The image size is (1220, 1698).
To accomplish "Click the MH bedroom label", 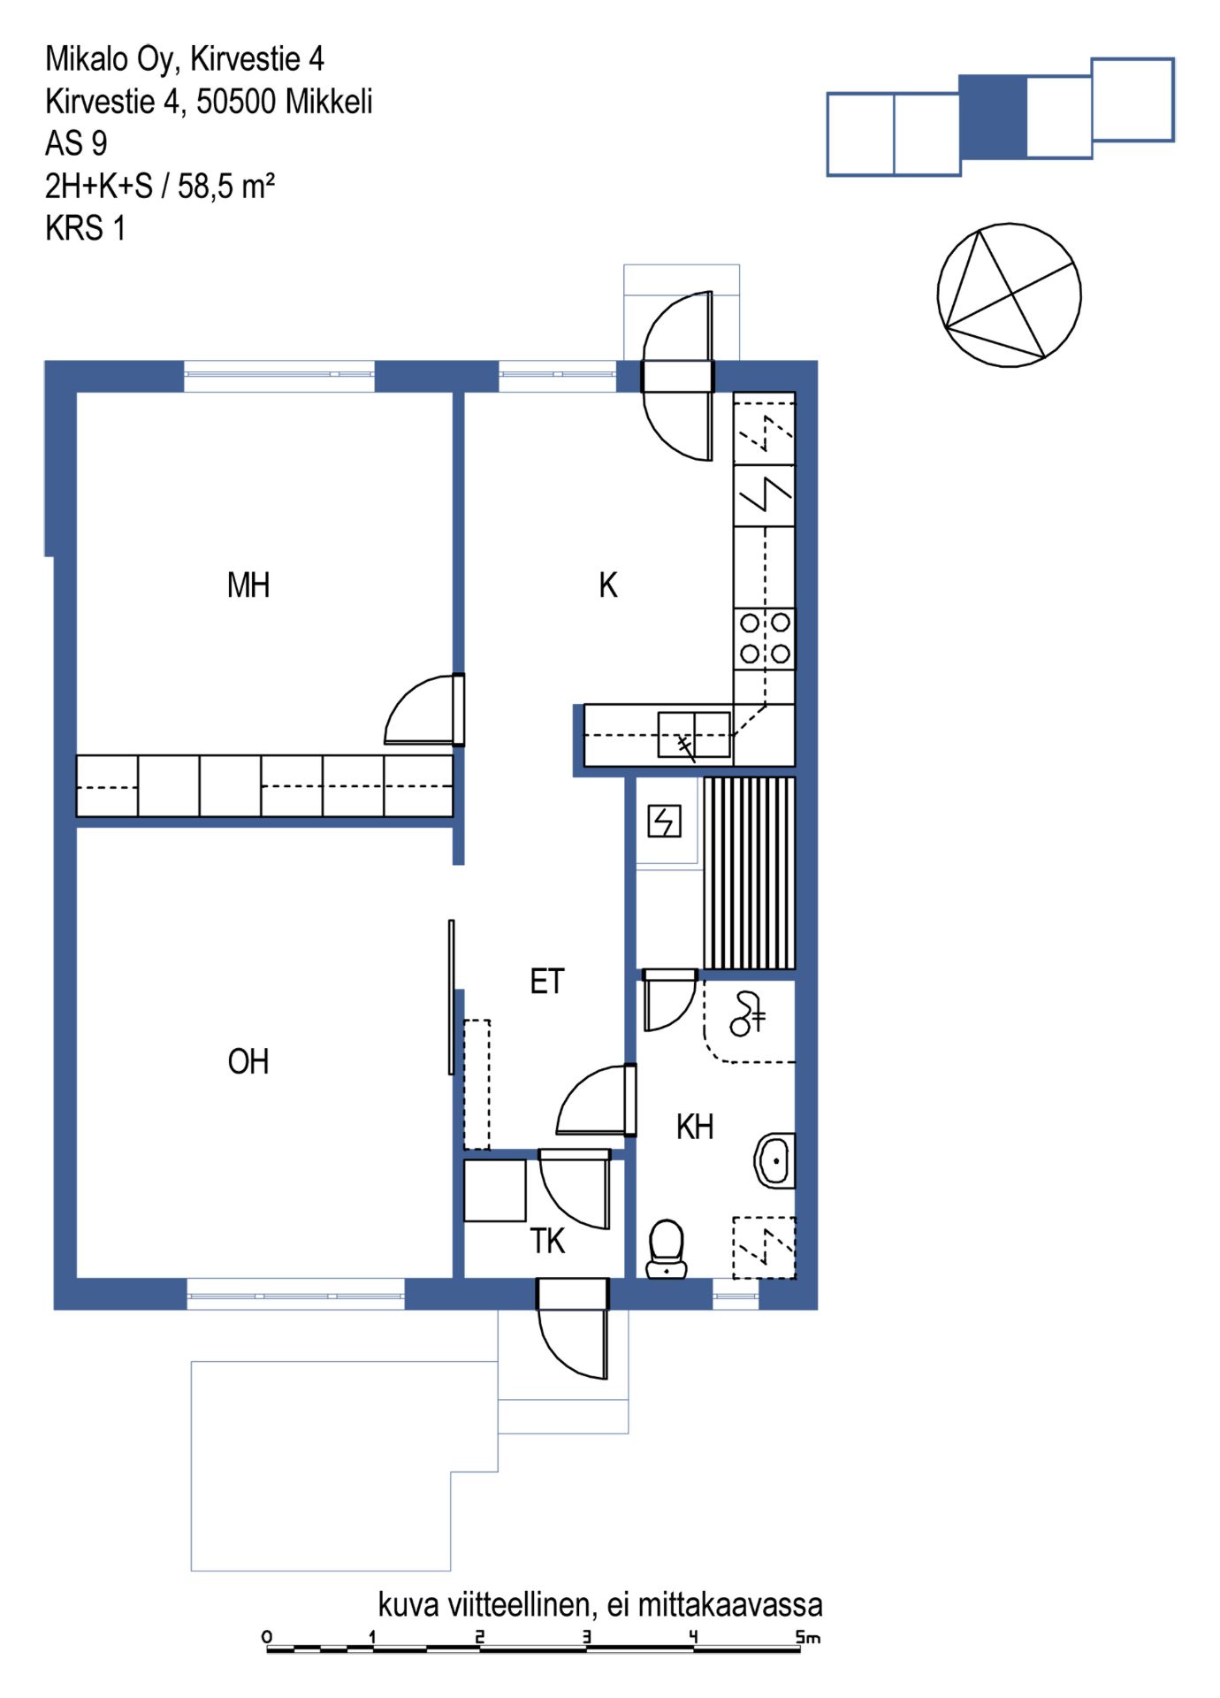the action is pyautogui.click(x=248, y=585).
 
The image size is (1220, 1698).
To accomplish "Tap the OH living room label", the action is pyautogui.click(x=248, y=1061).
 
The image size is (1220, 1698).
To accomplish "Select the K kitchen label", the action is pyautogui.click(x=608, y=585).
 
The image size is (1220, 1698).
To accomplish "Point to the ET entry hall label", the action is pyautogui.click(x=547, y=982).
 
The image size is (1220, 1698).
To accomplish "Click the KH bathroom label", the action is pyautogui.click(x=695, y=1127).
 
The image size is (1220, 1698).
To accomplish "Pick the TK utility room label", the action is pyautogui.click(x=547, y=1241).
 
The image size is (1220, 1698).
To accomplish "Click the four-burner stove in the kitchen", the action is pyautogui.click(x=765, y=639).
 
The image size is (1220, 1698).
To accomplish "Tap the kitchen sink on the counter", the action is pyautogui.click(x=694, y=735).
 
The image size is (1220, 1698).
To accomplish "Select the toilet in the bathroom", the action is pyautogui.click(x=667, y=1249).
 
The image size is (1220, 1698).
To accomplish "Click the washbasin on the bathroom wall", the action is pyautogui.click(x=774, y=1160).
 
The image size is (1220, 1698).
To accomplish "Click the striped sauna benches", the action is pyautogui.click(x=750, y=873).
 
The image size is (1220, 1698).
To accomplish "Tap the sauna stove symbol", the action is pyautogui.click(x=664, y=822).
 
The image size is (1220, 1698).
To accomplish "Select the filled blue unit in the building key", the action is pyautogui.click(x=994, y=117).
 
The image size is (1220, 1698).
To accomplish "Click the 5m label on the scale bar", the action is pyautogui.click(x=807, y=1637).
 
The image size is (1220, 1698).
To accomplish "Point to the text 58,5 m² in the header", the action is pyautogui.click(x=226, y=186).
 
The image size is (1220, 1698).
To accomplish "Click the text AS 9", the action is pyautogui.click(x=76, y=143).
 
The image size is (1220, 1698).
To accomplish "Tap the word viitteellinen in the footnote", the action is pyautogui.click(x=520, y=1604).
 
